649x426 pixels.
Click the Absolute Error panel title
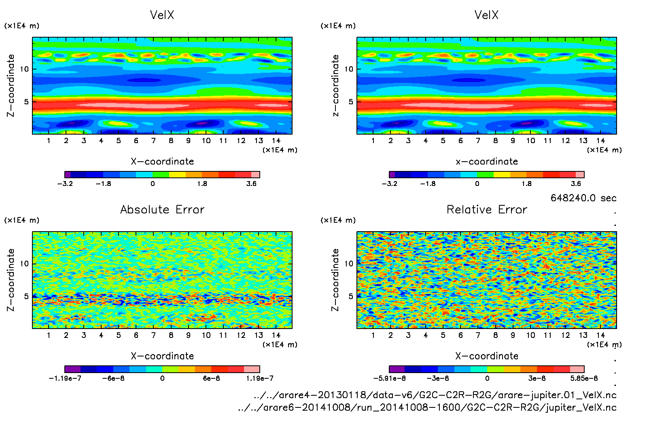[162, 209]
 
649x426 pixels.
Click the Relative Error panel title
[487, 209]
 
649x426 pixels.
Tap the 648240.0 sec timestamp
[583, 198]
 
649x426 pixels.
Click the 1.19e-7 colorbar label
[259, 378]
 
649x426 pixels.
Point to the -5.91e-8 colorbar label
[389, 378]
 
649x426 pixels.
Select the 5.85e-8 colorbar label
[584, 378]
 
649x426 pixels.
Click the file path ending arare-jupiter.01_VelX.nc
[435, 395]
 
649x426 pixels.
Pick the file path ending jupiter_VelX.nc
[427, 407]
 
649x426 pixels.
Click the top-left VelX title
[162, 15]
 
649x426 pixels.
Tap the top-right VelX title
[486, 15]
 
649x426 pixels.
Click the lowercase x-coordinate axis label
[487, 161]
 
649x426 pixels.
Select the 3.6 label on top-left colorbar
[251, 183]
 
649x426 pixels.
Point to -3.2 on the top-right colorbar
[389, 183]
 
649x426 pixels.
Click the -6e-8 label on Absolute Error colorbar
[113, 378]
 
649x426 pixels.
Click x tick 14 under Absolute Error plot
[276, 335]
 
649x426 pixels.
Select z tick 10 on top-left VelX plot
[25, 69]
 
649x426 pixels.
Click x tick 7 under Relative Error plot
[478, 335]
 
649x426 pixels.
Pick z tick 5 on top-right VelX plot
[351, 102]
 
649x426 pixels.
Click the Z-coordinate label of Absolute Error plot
[11, 280]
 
